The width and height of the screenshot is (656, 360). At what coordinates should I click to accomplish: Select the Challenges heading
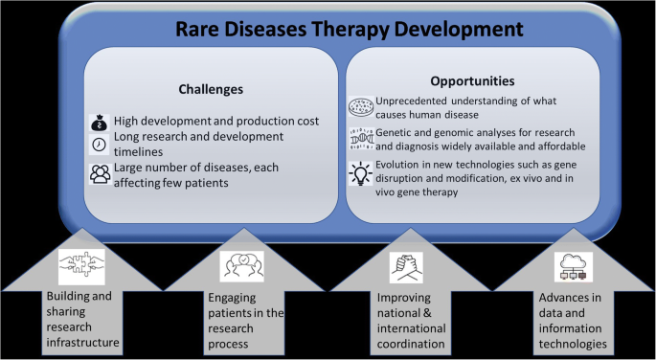point(212,89)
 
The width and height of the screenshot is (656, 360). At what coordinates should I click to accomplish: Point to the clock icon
point(101,145)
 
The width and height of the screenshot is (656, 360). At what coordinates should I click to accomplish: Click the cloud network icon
point(573,265)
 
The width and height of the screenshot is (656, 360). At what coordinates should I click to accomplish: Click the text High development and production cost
point(215,123)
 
